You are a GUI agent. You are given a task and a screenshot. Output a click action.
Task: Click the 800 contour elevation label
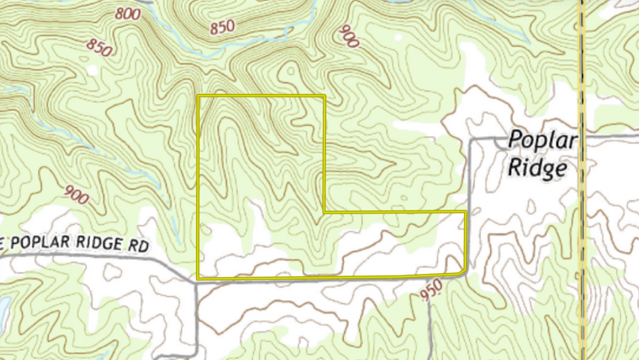click(x=127, y=13)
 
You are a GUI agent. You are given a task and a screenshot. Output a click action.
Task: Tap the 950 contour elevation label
click(x=431, y=293)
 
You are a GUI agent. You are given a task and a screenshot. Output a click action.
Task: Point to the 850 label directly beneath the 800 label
click(x=100, y=47)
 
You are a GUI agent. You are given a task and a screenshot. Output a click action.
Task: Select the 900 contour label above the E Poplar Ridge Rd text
click(x=77, y=195)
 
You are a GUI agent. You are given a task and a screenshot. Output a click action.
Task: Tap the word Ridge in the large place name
click(x=539, y=168)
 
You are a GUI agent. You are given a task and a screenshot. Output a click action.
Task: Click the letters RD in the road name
click(x=139, y=246)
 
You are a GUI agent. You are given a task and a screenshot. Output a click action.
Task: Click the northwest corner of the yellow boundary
click(x=198, y=97)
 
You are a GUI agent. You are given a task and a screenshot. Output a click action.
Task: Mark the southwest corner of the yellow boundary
click(x=198, y=278)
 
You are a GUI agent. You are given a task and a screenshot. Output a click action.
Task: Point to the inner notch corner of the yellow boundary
click(x=325, y=212)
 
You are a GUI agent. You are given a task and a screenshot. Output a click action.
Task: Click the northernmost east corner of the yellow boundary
click(x=325, y=97)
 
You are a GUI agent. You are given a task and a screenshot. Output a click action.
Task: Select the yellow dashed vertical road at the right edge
click(x=582, y=237)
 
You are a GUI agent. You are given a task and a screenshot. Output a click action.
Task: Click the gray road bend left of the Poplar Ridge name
click(x=472, y=142)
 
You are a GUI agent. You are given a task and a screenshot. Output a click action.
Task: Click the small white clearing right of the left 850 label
click(x=93, y=70)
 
